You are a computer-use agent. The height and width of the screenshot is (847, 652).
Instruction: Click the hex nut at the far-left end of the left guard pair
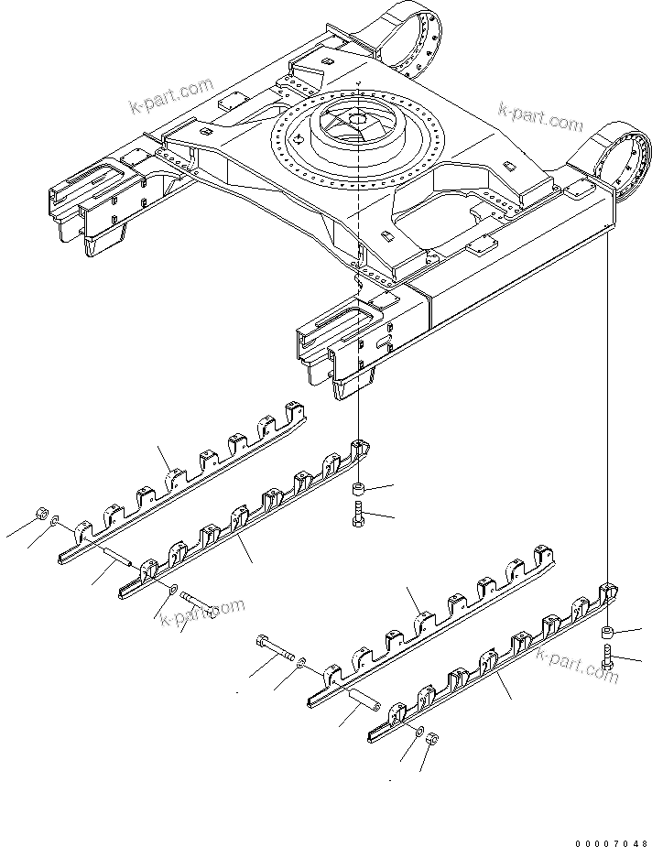[42, 515]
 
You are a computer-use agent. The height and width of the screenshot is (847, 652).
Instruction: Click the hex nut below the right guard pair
[435, 740]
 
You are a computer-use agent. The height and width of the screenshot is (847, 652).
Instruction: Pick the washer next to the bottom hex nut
[418, 731]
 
